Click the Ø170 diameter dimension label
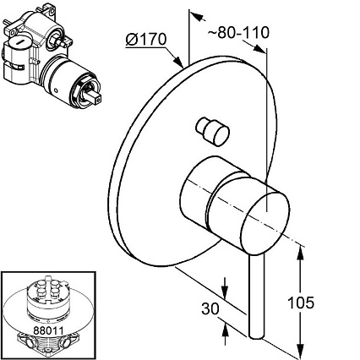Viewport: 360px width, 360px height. [x=146, y=40]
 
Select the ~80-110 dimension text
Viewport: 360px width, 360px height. [x=239, y=32]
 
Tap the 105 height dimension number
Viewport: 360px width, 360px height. [x=301, y=303]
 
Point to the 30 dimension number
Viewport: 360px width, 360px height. [x=210, y=308]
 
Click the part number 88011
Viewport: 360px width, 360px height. [x=48, y=330]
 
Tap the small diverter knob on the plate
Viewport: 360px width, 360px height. [x=213, y=131]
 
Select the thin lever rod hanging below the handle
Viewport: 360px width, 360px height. [x=257, y=296]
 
